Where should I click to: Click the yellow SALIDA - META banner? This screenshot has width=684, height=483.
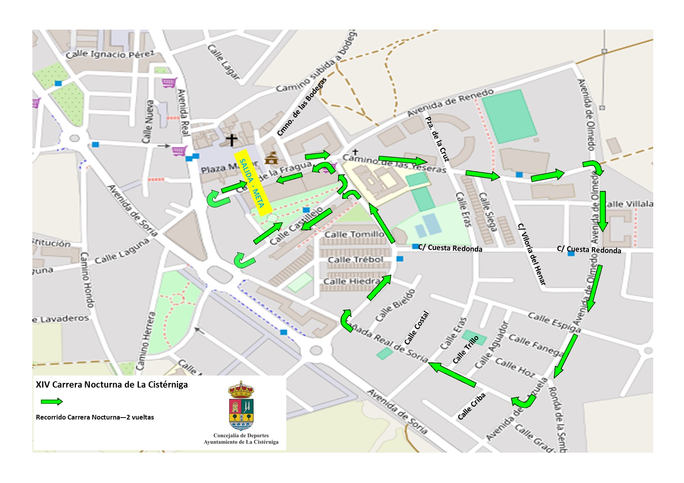point(253,182)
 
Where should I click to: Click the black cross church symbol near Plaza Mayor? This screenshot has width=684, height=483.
point(232,140)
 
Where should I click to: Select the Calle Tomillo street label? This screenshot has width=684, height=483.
point(354,234)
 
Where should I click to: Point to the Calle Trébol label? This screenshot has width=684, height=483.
point(355,260)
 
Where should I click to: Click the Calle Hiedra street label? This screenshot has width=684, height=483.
point(352,281)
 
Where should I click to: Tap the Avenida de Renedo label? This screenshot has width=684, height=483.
point(450,102)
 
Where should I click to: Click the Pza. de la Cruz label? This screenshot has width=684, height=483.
point(437,139)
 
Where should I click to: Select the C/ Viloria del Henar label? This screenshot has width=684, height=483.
point(532,254)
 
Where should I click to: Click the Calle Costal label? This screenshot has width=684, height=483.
point(417,328)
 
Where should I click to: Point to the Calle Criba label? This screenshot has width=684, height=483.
point(471,406)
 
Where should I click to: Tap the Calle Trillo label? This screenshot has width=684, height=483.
point(466,350)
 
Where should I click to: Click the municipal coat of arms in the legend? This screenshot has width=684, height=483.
point(241,405)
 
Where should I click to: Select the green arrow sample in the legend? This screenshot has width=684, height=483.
point(51,402)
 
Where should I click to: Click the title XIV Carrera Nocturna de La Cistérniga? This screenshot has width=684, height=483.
point(112,385)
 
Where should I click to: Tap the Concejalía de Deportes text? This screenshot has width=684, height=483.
point(241,435)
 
